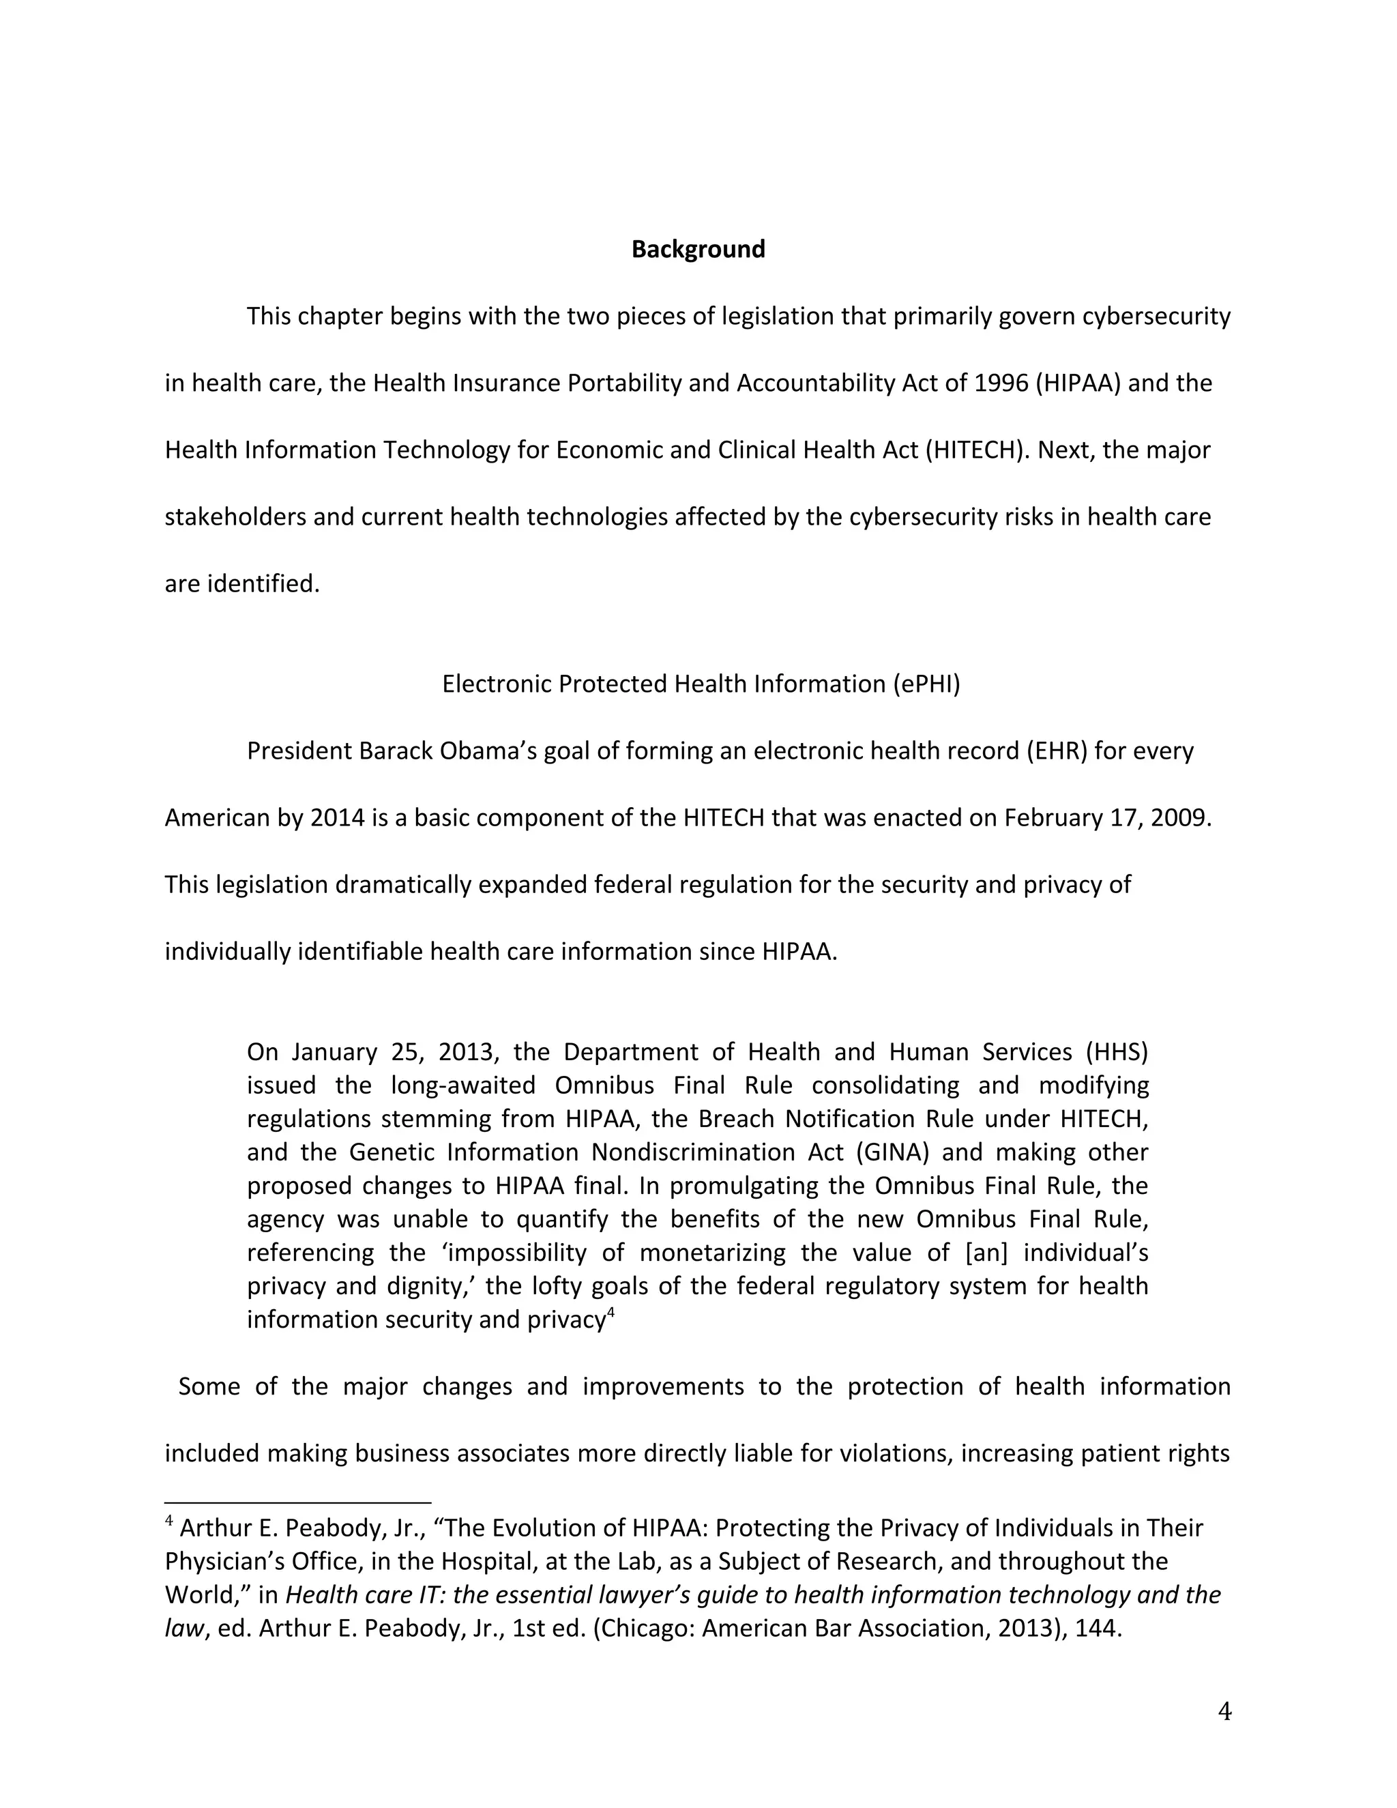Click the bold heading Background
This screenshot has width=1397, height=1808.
coord(698,249)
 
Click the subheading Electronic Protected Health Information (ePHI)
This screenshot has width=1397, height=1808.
coord(701,684)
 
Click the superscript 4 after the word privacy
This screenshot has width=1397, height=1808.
coord(611,1311)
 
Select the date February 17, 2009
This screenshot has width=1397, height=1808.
coord(1107,818)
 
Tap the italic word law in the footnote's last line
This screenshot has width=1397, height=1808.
coord(183,1629)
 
